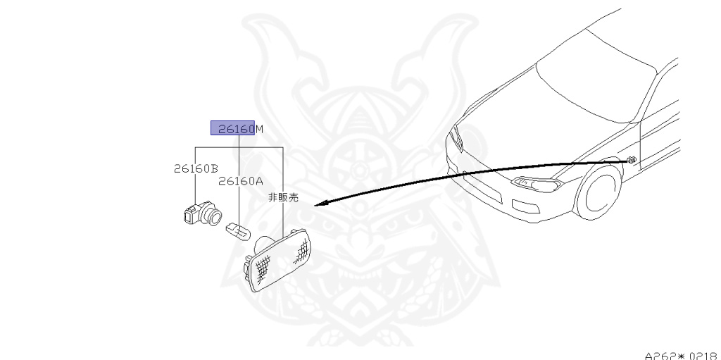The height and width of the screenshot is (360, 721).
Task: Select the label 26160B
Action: coord(195,168)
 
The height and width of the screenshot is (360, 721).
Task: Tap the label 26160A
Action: coord(240,180)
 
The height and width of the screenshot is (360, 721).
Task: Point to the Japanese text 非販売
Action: coord(283,198)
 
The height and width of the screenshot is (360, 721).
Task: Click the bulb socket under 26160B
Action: coord(201,211)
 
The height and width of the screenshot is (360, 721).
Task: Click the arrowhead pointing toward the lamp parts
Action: coord(318,204)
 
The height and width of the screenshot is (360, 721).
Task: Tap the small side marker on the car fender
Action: coord(632,161)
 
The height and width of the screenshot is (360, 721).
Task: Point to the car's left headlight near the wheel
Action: coord(539,185)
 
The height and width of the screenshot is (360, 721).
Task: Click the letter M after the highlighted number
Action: coord(259,129)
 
